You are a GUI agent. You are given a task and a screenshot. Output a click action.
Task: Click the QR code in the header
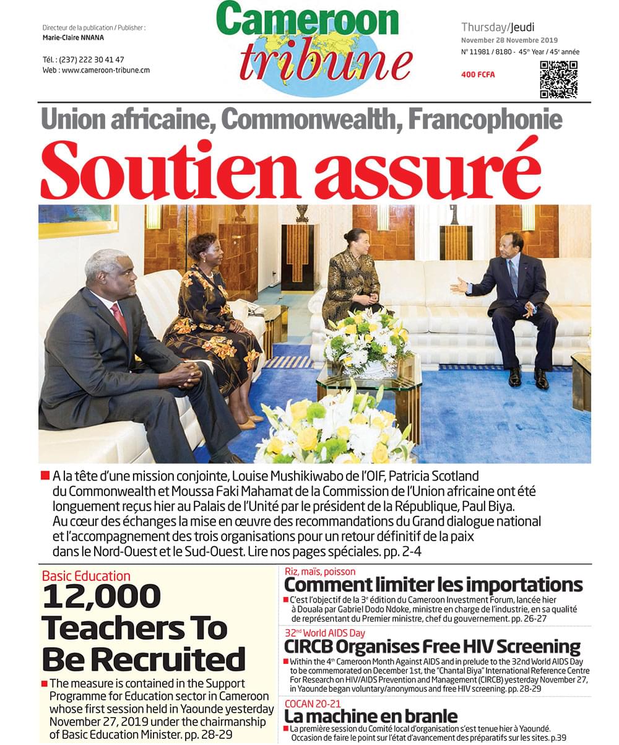click(x=558, y=79)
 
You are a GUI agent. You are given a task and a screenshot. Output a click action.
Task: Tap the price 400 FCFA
click(x=478, y=75)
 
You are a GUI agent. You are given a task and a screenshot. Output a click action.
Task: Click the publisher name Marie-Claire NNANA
click(x=69, y=38)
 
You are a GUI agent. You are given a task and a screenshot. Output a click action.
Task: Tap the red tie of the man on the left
click(x=119, y=319)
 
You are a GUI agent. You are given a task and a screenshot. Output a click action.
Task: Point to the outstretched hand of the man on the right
click(x=459, y=285)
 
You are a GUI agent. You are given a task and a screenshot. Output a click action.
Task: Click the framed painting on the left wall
click(x=78, y=220)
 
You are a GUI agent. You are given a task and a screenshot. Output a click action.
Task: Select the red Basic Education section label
click(x=86, y=576)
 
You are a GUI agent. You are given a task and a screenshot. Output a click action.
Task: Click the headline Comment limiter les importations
click(x=433, y=585)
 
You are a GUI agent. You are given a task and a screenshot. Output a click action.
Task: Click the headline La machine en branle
click(x=370, y=716)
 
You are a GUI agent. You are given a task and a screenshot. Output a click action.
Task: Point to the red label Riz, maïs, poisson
click(x=320, y=572)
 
